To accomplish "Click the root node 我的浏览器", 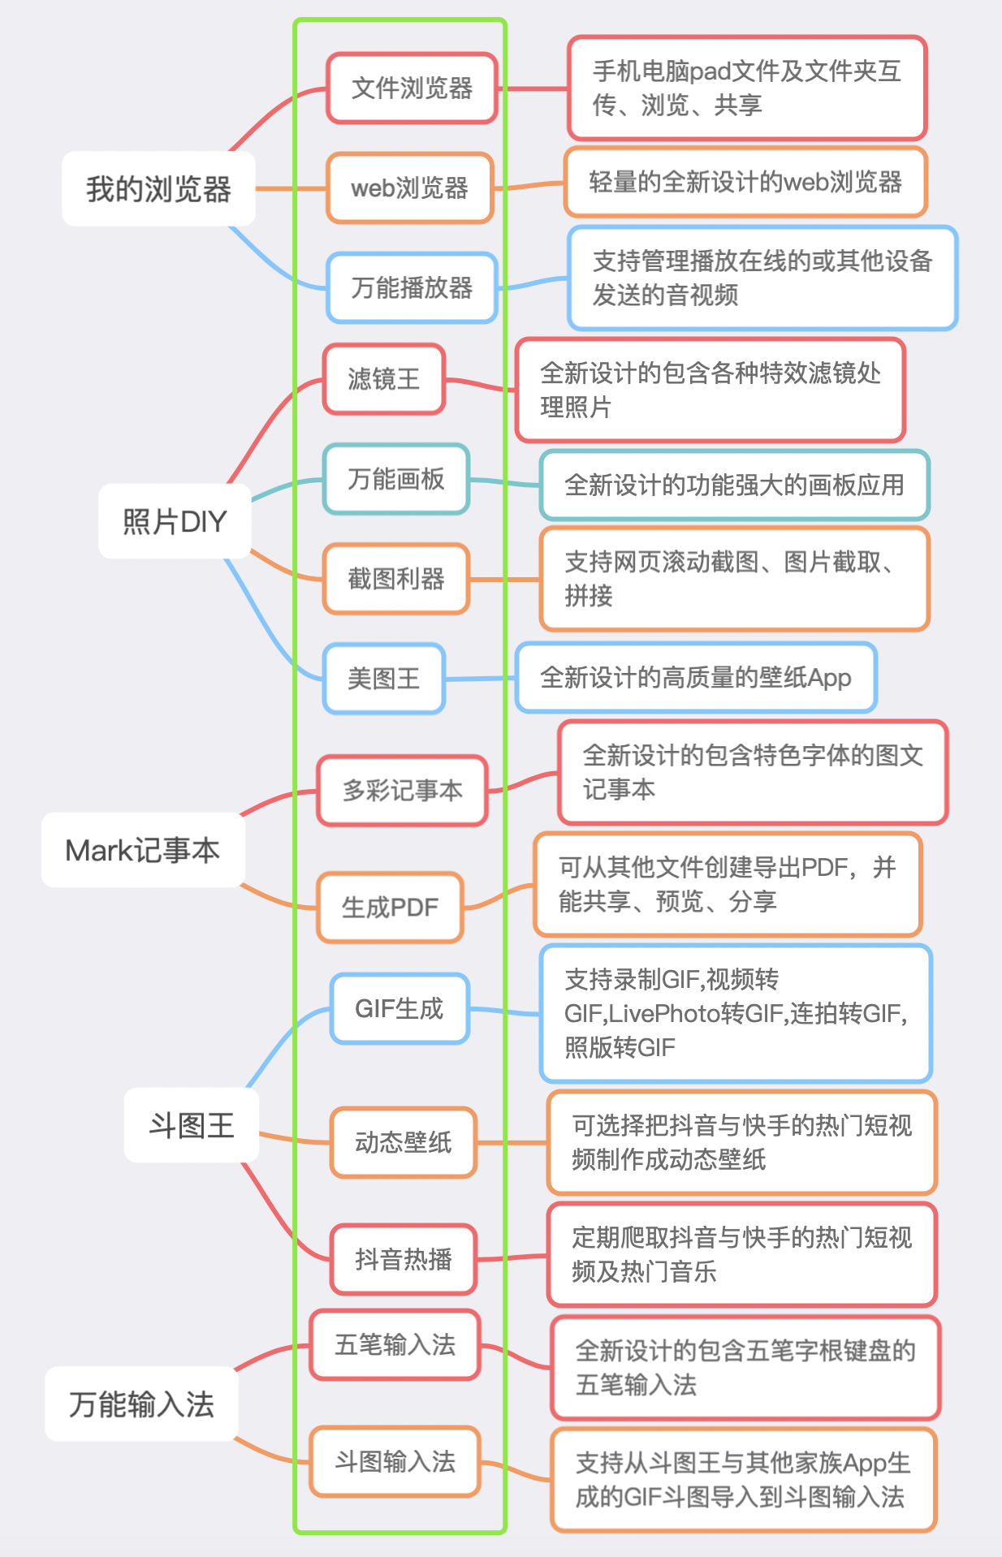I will pos(158,188).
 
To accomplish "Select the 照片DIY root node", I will pos(175,521).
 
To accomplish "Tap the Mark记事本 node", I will pos(143,850).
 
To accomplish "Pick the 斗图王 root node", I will pos(192,1126).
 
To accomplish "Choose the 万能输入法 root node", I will pos(141,1404).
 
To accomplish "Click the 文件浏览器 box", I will pos(412,88).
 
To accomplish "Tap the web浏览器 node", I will pos(410,188).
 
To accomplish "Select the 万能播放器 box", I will pos(412,287).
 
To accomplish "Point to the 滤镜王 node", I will pos(384,379).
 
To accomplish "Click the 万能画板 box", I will pos(396,479).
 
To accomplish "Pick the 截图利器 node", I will pos(396,579).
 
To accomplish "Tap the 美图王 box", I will pos(384,679).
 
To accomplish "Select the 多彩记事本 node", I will pos(403,791).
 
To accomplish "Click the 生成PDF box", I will pos(390,907).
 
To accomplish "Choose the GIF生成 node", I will pos(400,1008).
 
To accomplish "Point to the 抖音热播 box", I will pos(404,1259).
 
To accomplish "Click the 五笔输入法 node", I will pos(395,1344).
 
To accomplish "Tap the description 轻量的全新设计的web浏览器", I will pos(745,182).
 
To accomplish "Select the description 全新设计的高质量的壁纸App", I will pos(696,677).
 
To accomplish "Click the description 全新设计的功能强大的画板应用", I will pos(734,485).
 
